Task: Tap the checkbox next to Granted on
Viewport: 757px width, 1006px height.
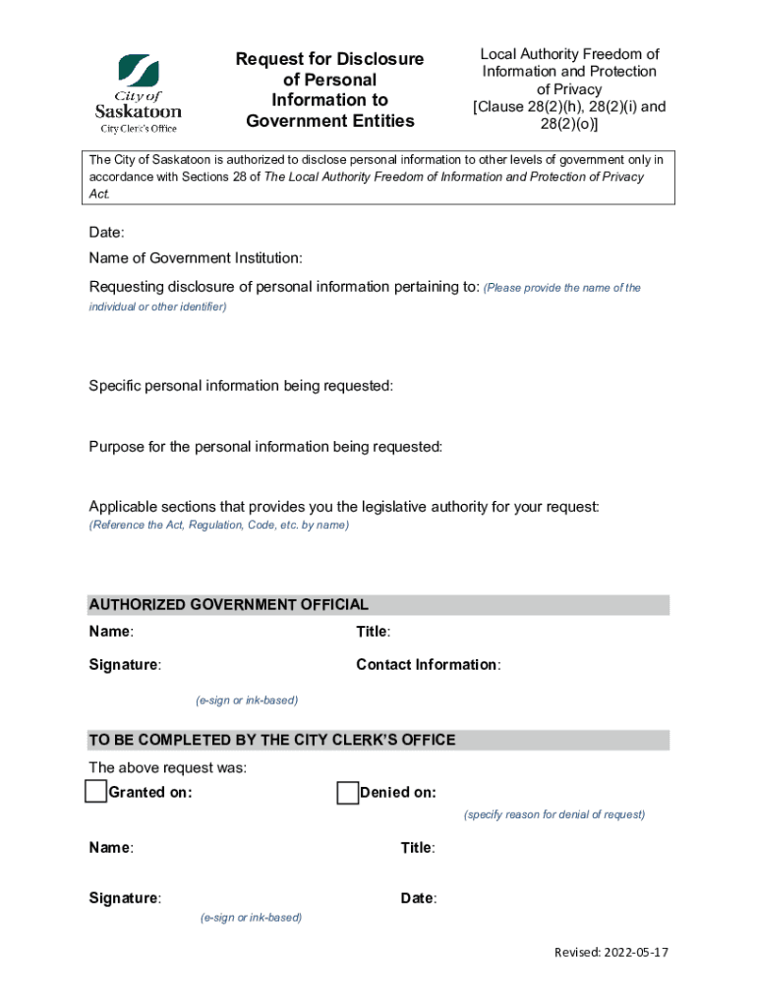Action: (x=95, y=792)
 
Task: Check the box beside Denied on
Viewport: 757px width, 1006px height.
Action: (x=347, y=793)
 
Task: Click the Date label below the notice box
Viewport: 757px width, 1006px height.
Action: (x=106, y=233)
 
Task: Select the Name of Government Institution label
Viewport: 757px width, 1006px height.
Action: (x=196, y=258)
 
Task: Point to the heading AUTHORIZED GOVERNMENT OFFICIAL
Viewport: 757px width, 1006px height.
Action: (x=228, y=605)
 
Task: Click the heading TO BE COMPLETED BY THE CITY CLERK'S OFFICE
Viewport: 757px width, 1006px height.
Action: (x=271, y=740)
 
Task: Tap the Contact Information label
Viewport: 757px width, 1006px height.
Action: (x=428, y=665)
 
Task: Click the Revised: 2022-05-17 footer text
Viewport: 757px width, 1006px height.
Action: (x=611, y=953)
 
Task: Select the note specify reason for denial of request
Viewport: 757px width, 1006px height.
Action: (x=554, y=814)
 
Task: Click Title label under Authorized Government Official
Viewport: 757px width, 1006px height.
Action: (x=373, y=632)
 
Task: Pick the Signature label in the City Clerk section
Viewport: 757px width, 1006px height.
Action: (x=125, y=898)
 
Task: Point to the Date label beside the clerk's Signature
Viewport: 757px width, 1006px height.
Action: (x=419, y=898)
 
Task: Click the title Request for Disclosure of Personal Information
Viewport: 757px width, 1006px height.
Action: (x=329, y=90)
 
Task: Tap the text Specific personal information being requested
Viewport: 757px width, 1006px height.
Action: (x=241, y=386)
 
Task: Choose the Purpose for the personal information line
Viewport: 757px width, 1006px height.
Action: (x=265, y=447)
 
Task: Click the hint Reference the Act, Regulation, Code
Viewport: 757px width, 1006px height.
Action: (x=218, y=526)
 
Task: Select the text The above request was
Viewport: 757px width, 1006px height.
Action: (x=167, y=767)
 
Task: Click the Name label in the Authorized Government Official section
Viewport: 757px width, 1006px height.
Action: (x=111, y=632)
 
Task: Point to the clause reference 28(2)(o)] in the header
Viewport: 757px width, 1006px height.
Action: (x=569, y=125)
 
